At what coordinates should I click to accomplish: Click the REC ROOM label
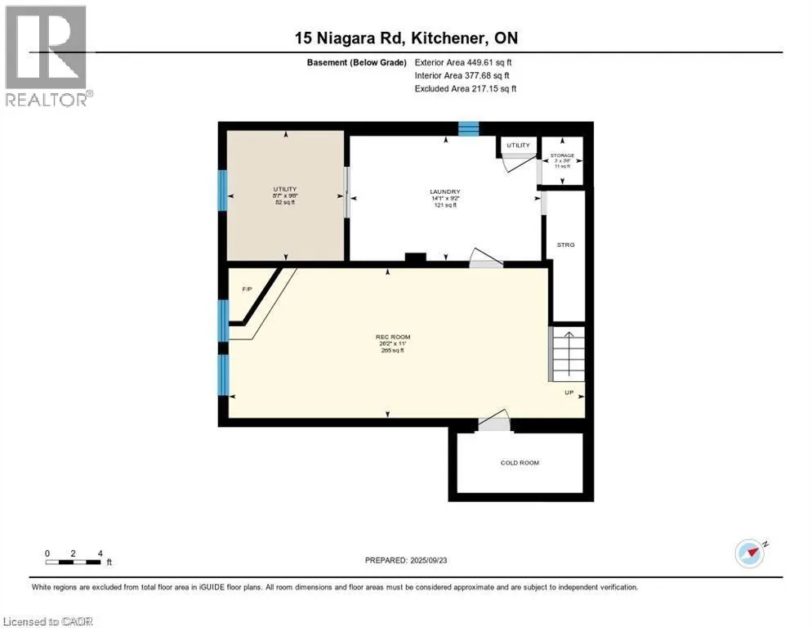coord(392,337)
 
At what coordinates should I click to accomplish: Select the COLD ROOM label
coord(520,463)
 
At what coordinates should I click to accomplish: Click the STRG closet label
coord(565,244)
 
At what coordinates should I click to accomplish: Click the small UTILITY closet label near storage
coord(518,146)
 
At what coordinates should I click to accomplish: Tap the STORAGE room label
coord(562,155)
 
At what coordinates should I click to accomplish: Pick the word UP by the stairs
coord(569,392)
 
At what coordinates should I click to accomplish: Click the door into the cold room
coord(493,424)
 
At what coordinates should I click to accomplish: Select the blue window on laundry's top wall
coord(468,128)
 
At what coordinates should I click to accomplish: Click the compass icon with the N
coord(749,553)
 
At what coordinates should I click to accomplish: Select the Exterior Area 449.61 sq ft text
coord(463,62)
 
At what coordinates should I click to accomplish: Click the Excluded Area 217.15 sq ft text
coord(466,88)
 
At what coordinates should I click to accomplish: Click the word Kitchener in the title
coord(454,38)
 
